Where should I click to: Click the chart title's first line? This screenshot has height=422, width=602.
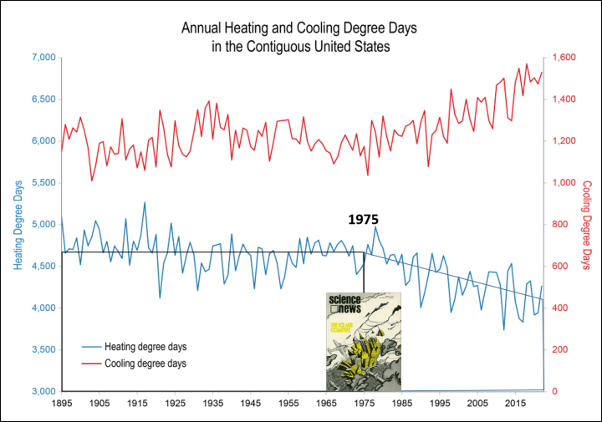(300, 28)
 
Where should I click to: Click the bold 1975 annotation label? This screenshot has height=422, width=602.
(364, 220)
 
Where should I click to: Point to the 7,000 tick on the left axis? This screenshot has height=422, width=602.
(43, 58)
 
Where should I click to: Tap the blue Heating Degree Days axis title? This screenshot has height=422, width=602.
(19, 223)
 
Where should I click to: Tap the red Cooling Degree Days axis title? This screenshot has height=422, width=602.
(585, 223)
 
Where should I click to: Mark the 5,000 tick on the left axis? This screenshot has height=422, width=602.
(43, 225)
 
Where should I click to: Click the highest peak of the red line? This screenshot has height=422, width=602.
(527, 64)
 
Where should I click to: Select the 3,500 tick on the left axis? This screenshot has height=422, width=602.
(43, 350)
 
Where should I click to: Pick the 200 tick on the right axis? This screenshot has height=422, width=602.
(555, 350)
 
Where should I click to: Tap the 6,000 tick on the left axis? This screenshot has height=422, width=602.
(43, 141)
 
